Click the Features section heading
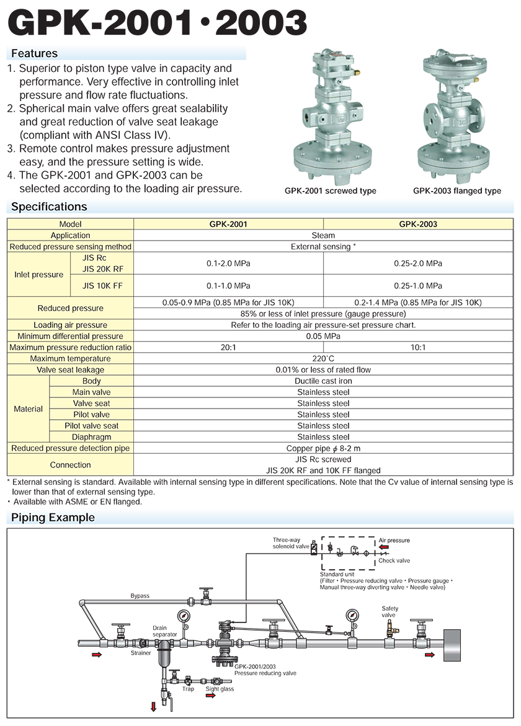pos(34,54)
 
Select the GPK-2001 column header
pos(228,224)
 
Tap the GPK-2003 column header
pos(418,224)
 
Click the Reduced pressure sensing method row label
pos(70,247)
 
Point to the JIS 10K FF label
pos(99,286)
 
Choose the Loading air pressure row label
pos(70,325)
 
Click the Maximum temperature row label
pos(70,358)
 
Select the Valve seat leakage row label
pos(70,370)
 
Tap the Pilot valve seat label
pos(91,425)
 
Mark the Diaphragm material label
pos(91,436)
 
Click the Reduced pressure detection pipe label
pos(70,448)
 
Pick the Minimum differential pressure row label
pos(70,336)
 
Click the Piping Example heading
pos(53,517)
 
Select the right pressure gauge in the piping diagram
pos(353,616)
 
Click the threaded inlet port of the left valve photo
pos(308,116)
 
